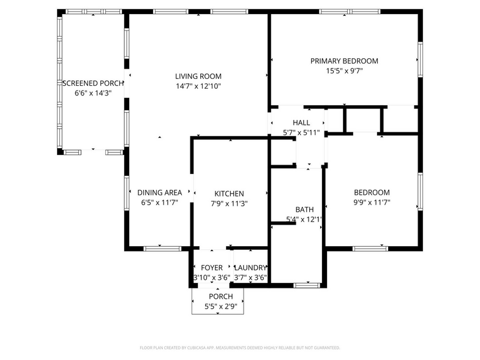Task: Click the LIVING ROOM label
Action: (198, 76)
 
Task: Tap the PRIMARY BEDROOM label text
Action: (343, 61)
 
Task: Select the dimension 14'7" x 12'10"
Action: (198, 86)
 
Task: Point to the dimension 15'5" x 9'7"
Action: (343, 71)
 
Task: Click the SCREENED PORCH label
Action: (93, 83)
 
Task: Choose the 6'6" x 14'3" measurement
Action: (93, 94)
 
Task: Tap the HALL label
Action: (301, 122)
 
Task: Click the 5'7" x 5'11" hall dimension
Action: (301, 132)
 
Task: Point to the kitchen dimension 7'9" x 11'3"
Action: (229, 203)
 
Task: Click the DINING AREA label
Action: (159, 192)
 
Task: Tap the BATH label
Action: (304, 209)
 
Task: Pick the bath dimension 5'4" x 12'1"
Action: (304, 219)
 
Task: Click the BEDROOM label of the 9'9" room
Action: (371, 192)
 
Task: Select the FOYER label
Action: (212, 268)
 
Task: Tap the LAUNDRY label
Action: (250, 268)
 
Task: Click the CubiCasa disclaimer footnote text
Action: (239, 347)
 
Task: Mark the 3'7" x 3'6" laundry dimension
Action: (250, 278)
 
